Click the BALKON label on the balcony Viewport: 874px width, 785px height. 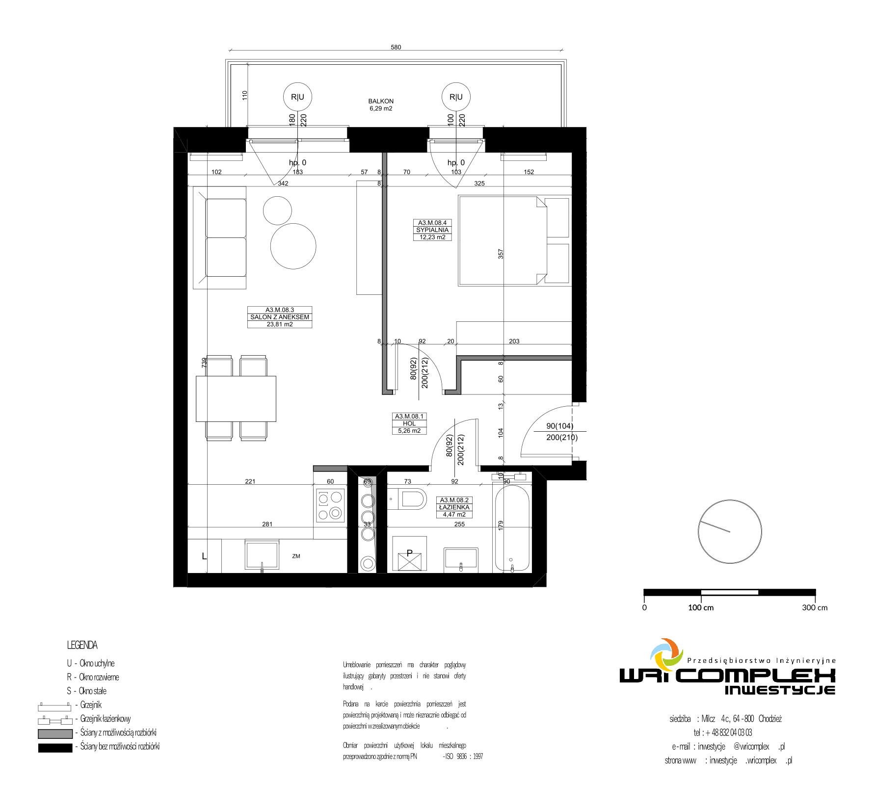(x=381, y=101)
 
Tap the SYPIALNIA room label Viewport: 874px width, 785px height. (x=432, y=230)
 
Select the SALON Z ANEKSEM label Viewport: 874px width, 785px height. (x=280, y=317)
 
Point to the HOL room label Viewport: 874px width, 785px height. (x=409, y=423)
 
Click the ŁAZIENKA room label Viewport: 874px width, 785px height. (x=454, y=507)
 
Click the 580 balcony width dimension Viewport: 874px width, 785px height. (x=396, y=47)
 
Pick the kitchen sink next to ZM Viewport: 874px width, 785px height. (x=262, y=555)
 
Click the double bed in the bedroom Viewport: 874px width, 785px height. (x=514, y=240)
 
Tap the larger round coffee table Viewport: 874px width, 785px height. (x=293, y=246)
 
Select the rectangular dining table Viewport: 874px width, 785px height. (x=236, y=399)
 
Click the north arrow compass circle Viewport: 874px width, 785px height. (x=730, y=531)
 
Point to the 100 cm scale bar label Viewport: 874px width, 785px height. (x=701, y=607)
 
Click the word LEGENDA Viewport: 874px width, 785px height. (x=82, y=645)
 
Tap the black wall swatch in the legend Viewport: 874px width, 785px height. (x=55, y=748)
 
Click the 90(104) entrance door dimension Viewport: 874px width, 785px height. (x=560, y=426)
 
